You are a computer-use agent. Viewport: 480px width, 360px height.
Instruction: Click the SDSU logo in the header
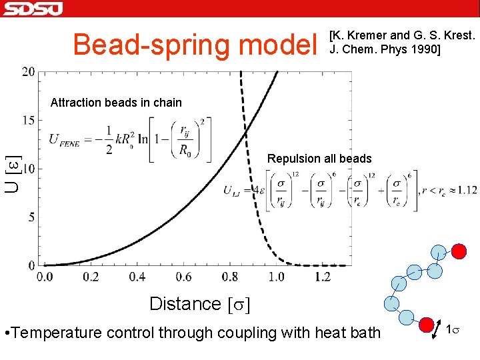point(32,8)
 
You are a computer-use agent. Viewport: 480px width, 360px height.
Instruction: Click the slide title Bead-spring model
point(196,45)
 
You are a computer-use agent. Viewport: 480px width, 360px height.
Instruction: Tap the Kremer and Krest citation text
point(402,41)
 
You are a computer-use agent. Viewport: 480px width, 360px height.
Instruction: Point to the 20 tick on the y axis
point(29,72)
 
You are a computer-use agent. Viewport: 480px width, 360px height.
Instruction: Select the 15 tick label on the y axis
point(29,121)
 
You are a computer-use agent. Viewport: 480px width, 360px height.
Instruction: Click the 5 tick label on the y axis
point(31,217)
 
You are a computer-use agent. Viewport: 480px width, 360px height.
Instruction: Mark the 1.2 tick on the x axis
point(322,277)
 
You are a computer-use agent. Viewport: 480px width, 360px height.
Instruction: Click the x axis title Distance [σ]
point(200,304)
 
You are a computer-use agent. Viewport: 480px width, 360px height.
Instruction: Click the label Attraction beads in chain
point(116,103)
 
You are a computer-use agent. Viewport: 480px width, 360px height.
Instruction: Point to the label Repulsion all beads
point(319,159)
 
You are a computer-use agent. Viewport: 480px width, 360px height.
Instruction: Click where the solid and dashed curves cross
point(245,135)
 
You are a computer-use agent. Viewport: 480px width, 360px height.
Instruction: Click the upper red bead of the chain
point(459,251)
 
